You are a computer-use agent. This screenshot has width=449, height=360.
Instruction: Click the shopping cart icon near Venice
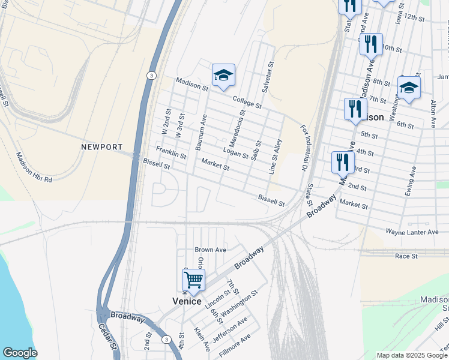pos(193,280)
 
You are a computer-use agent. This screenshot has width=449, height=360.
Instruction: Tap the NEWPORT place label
pos(102,147)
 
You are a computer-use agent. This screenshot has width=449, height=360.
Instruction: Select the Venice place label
pos(187,301)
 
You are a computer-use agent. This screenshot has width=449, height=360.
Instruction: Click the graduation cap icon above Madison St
pos(223,75)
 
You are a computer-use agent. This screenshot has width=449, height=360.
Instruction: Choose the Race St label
pos(406,256)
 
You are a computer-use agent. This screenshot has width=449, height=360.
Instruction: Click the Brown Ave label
pos(210,250)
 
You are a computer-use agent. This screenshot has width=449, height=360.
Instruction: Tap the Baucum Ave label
pos(200,131)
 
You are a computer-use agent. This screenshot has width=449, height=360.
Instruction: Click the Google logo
pos(20,353)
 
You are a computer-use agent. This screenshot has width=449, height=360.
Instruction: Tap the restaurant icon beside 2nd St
pos(343,161)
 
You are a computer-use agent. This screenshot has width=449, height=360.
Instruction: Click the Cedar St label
pos(107,338)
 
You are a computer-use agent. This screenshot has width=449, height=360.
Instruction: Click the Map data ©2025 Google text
pos(411,355)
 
